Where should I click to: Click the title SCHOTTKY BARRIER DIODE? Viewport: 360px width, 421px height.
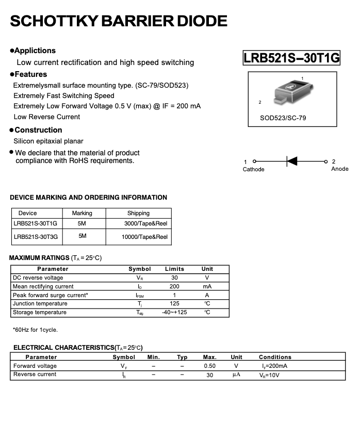[x=119, y=21]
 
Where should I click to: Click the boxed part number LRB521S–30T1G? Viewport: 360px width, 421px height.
[x=291, y=58]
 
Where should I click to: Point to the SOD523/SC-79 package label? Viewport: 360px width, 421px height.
[x=283, y=118]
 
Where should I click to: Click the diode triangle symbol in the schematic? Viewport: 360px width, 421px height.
[x=292, y=161]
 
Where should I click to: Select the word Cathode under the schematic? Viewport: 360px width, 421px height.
[x=253, y=170]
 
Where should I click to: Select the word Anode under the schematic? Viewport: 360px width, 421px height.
[x=339, y=169]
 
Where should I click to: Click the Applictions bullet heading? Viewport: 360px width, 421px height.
[x=35, y=51]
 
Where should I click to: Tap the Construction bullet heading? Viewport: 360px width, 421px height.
[x=38, y=130]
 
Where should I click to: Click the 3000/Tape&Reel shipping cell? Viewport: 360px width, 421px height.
[x=145, y=224]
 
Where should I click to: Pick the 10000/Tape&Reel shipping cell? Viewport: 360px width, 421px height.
[x=144, y=237]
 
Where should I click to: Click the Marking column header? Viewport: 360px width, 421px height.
[x=82, y=213]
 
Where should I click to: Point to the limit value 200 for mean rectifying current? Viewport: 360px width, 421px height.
[x=174, y=286]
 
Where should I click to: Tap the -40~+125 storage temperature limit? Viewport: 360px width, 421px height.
[x=174, y=313]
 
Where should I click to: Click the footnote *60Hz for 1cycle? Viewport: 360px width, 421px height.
[x=35, y=330]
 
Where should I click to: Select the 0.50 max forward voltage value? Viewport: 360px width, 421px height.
[x=209, y=366]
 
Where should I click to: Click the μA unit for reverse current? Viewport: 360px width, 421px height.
[x=236, y=375]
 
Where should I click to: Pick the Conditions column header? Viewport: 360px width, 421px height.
[x=275, y=357]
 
